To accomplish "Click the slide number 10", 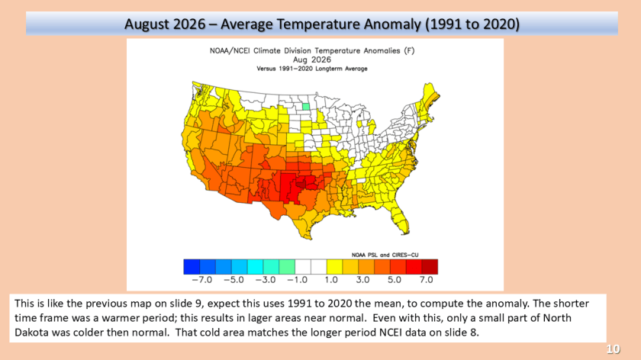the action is pyautogui.click(x=613, y=349).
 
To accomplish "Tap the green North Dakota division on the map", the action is pyautogui.click(x=306, y=107).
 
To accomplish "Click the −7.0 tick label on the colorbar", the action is pyautogui.click(x=202, y=280).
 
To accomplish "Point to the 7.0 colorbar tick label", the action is pyautogui.click(x=426, y=280).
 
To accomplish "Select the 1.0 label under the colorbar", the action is pyautogui.click(x=331, y=280).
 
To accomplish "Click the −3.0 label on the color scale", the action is pyautogui.click(x=266, y=280).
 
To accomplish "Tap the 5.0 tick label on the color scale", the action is pyautogui.click(x=395, y=280).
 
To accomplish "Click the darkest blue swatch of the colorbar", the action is pyautogui.click(x=192, y=266).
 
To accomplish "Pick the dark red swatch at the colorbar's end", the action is pyautogui.click(x=430, y=266).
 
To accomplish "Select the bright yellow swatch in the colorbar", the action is pyautogui.click(x=334, y=266).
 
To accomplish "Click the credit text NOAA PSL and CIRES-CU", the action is pyautogui.click(x=385, y=255).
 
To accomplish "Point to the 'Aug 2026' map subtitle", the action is pyautogui.click(x=312, y=59).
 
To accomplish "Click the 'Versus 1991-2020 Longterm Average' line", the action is pyautogui.click(x=312, y=69).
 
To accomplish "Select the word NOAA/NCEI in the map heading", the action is pyautogui.click(x=230, y=50).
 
